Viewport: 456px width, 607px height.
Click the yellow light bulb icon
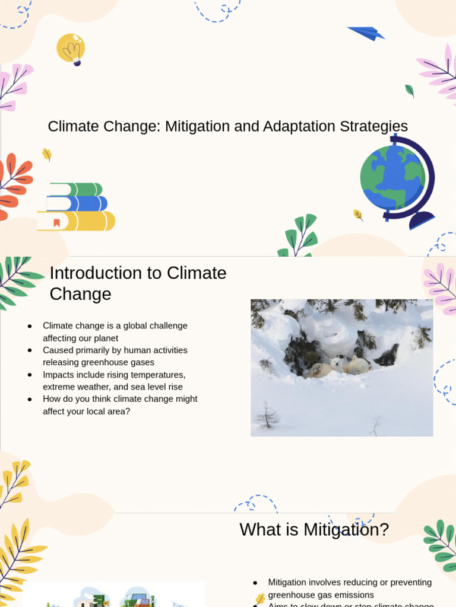(71, 48)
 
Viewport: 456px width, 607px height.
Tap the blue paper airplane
(366, 33)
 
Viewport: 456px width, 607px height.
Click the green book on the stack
(76, 190)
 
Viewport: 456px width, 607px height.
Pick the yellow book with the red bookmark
(76, 221)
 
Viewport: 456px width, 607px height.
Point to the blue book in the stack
(77, 204)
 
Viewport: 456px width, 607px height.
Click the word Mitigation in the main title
(198, 126)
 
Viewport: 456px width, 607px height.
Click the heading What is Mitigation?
(314, 529)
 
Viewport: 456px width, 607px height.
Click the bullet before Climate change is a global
(30, 326)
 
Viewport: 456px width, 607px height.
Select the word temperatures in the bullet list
(160, 375)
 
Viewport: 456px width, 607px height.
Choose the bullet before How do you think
(30, 400)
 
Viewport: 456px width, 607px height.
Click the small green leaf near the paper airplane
(409, 91)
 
